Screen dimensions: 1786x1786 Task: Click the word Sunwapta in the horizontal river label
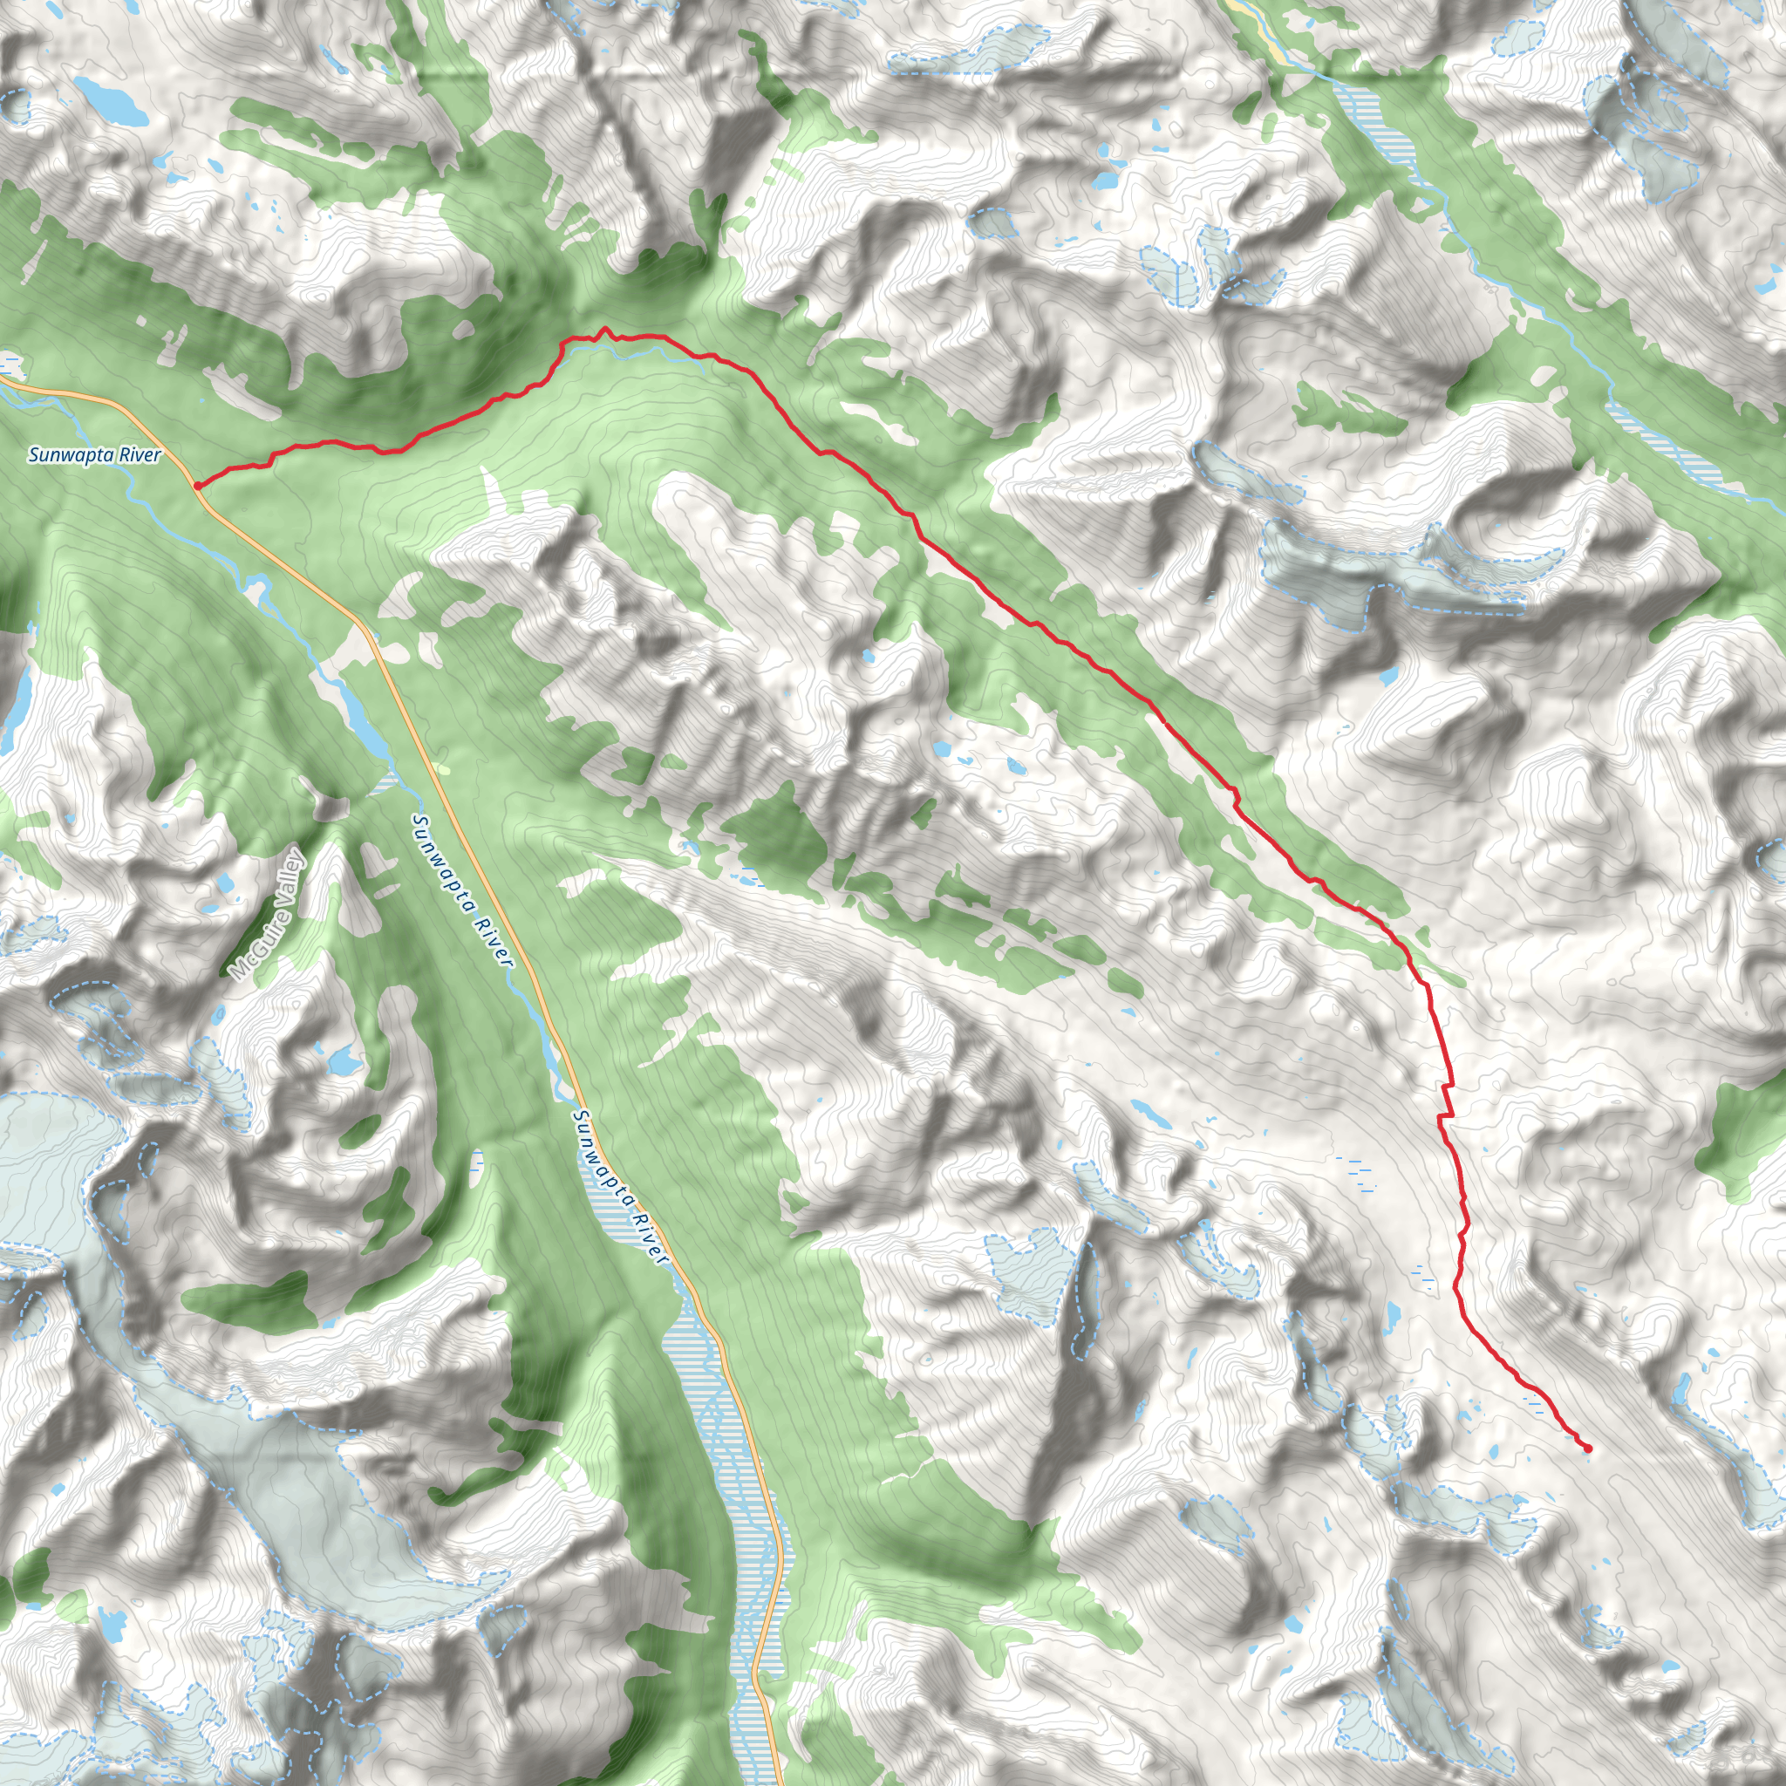(x=68, y=455)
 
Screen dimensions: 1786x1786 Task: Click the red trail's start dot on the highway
(x=198, y=484)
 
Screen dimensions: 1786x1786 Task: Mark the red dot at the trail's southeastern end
(x=1587, y=1449)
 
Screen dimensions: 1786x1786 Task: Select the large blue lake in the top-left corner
(x=111, y=102)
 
